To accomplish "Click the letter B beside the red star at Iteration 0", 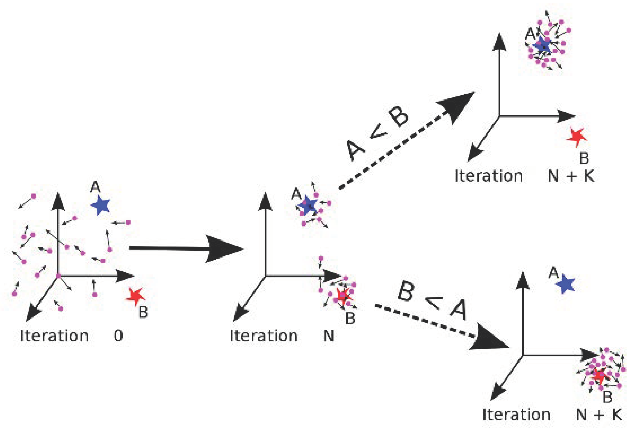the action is tap(143, 312).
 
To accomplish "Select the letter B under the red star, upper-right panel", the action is tap(584, 158).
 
